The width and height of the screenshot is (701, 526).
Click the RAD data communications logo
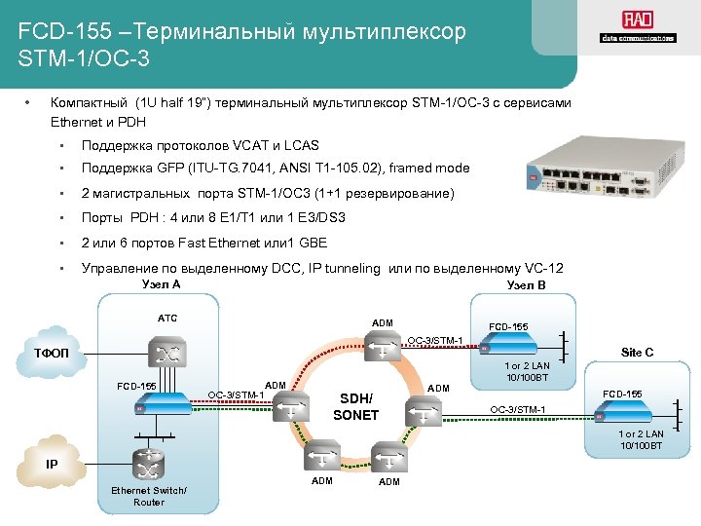pyautogui.click(x=638, y=28)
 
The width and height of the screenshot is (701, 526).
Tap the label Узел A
pyautogui.click(x=161, y=284)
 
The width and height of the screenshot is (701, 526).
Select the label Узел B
pyautogui.click(x=527, y=285)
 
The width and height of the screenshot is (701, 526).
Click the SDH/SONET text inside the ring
pyautogui.click(x=355, y=406)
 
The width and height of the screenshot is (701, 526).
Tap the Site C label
pyautogui.click(x=637, y=352)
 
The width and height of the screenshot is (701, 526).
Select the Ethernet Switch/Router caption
pyautogui.click(x=149, y=495)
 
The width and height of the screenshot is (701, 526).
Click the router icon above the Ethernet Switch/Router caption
pyautogui.click(x=149, y=462)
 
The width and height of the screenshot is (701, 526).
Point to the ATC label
pyautogui.click(x=167, y=318)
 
